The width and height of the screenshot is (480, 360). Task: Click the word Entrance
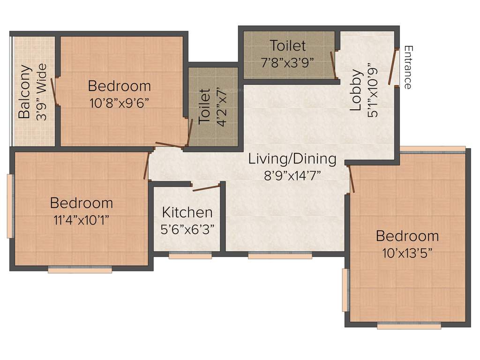pyautogui.click(x=408, y=67)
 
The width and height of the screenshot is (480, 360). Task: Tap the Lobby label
pyautogui.click(x=356, y=90)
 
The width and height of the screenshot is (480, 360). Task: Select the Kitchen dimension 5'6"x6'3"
pyautogui.click(x=187, y=229)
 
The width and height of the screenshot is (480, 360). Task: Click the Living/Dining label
pyautogui.click(x=292, y=159)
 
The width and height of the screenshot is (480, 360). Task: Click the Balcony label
pyautogui.click(x=24, y=91)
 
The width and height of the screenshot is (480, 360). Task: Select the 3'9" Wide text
pyautogui.click(x=42, y=92)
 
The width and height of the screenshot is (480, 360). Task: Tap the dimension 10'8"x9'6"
pyautogui.click(x=120, y=103)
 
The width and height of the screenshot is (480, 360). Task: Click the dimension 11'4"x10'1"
pyautogui.click(x=81, y=220)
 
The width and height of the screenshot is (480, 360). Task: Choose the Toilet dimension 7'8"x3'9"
pyautogui.click(x=287, y=61)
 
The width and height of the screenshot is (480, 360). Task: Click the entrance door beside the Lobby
pyautogui.click(x=392, y=67)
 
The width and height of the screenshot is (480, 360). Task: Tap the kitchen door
pyautogui.click(x=206, y=188)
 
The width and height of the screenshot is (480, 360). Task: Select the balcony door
pyautogui.click(x=55, y=91)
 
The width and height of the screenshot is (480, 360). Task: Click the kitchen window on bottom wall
pyautogui.click(x=190, y=255)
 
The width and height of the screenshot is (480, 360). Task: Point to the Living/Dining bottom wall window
pyautogui.click(x=280, y=255)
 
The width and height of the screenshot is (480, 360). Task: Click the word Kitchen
pyautogui.click(x=187, y=212)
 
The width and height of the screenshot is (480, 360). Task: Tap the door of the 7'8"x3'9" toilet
pyautogui.click(x=333, y=64)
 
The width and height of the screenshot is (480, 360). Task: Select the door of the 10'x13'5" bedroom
pyautogui.click(x=351, y=179)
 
